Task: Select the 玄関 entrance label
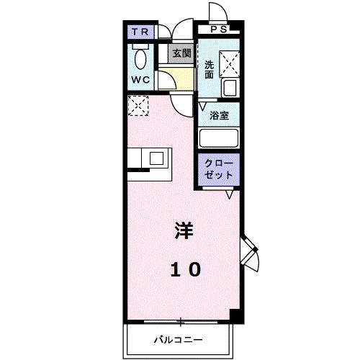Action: [181, 53]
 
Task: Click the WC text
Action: [140, 80]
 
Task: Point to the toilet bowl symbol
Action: [141, 58]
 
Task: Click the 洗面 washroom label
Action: [209, 69]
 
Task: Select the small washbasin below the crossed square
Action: [229, 89]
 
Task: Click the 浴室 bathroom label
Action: [220, 115]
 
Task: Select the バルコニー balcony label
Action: [177, 338]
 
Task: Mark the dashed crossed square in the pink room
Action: [137, 106]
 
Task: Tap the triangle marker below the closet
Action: [230, 194]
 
